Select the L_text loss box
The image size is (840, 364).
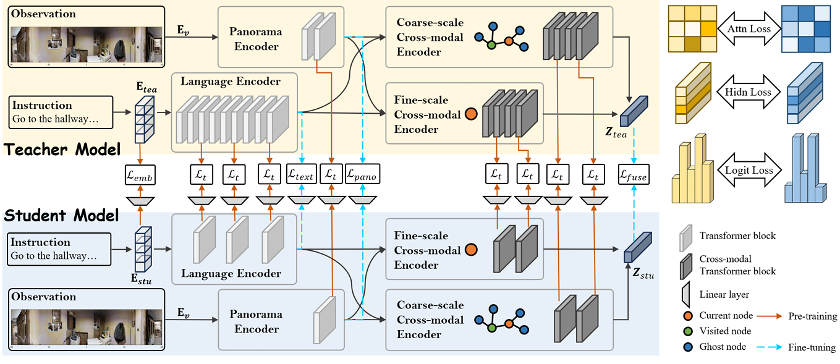301,176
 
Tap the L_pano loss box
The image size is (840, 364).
362,176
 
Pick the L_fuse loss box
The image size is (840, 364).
634,176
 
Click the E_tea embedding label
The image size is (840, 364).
146,89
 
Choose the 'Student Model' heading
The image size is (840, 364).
61,216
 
